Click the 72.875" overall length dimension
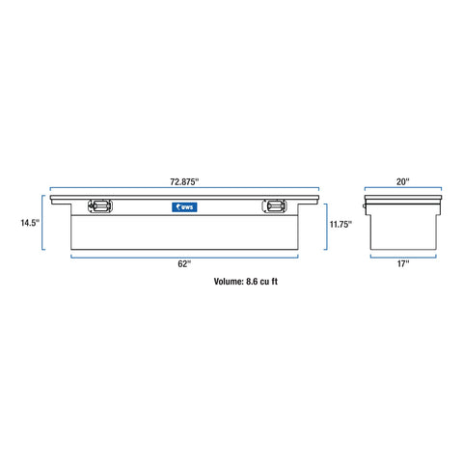pyautogui.click(x=184, y=182)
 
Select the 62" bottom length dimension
pyautogui.click(x=184, y=264)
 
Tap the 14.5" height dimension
pyautogui.click(x=30, y=223)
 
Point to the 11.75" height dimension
pyautogui.click(x=340, y=224)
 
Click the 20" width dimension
pyautogui.click(x=403, y=182)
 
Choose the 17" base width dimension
pyautogui.click(x=403, y=264)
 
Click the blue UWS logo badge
pyautogui.click(x=184, y=207)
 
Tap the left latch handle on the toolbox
pyautogui.click(x=100, y=206)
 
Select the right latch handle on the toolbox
pyautogui.click(x=274, y=206)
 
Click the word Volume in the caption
pyautogui.click(x=229, y=282)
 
